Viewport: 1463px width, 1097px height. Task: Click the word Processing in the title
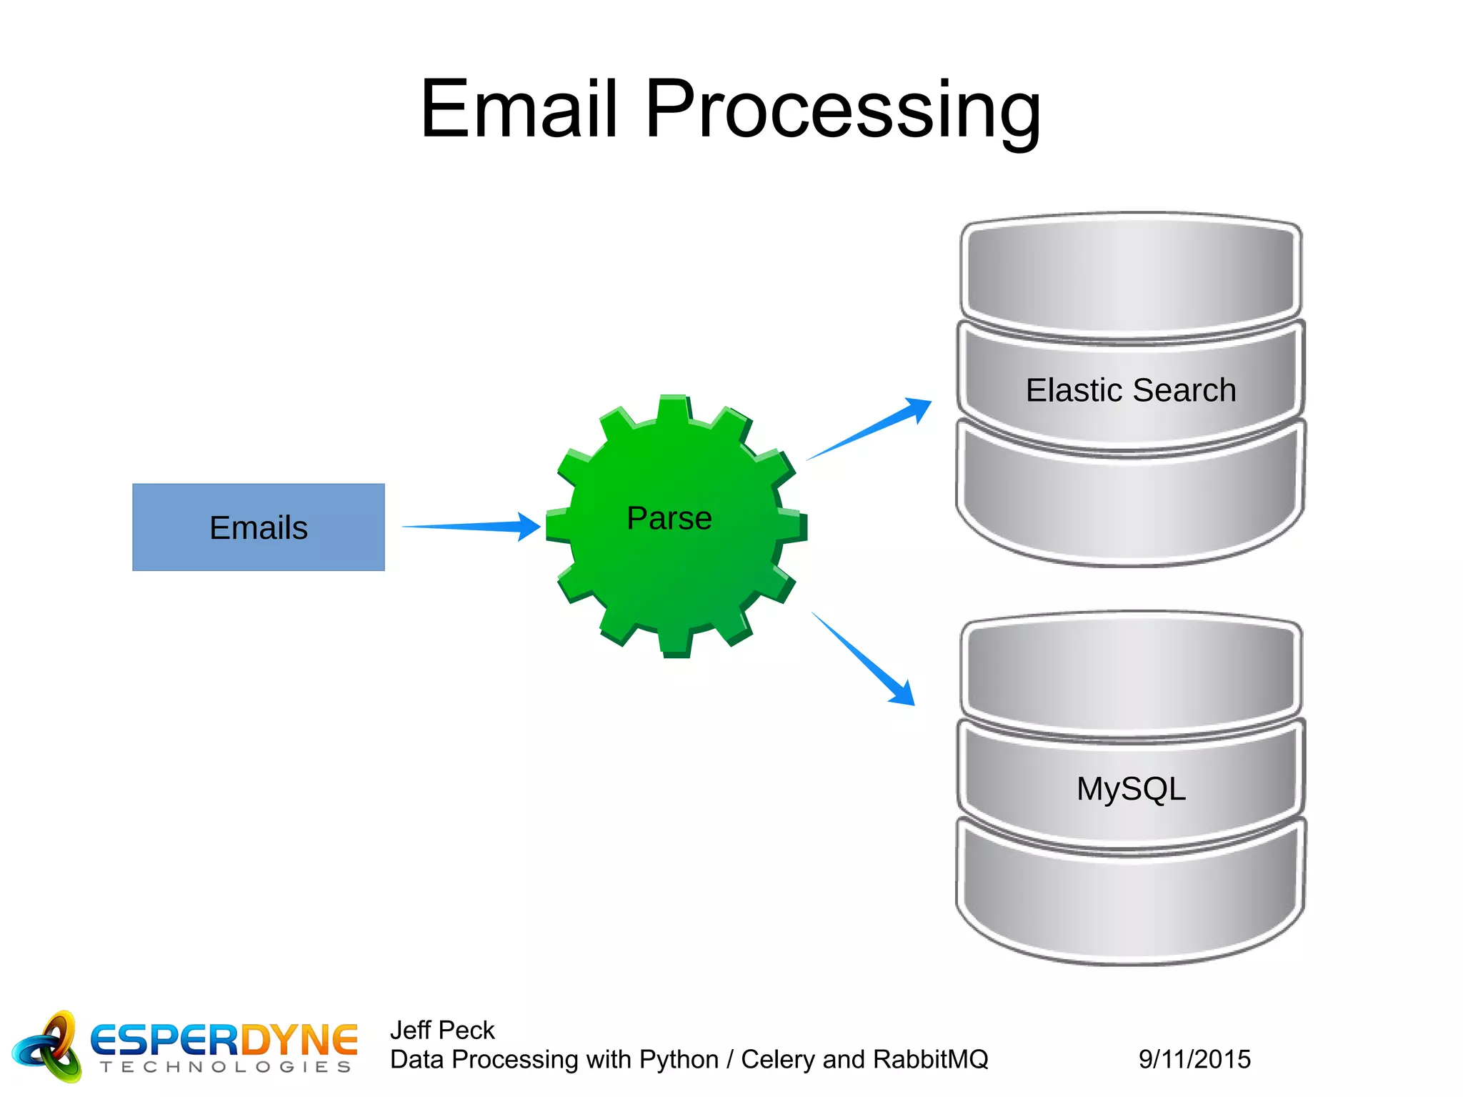pos(842,111)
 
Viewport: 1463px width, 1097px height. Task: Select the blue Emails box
pos(258,527)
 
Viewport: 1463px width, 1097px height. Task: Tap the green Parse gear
pos(676,525)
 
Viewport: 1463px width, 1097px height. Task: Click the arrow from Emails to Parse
pos(471,527)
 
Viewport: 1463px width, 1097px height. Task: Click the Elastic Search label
pos(1130,390)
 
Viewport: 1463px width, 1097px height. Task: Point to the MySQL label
pos(1130,789)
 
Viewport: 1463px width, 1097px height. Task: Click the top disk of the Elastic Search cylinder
pos(1130,275)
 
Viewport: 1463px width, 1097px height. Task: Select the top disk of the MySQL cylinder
pos(1130,673)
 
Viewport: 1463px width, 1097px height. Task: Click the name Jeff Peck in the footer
pos(442,1030)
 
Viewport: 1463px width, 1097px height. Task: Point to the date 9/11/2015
pos(1194,1059)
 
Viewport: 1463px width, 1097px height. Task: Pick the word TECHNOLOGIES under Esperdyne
pos(226,1067)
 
